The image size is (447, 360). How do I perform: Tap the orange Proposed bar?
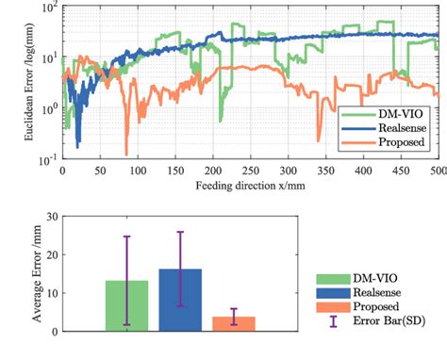[234, 323]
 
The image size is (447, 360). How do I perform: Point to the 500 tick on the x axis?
[438, 171]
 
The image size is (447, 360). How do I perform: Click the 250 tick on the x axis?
[250, 171]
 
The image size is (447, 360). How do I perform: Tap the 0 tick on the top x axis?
[62, 171]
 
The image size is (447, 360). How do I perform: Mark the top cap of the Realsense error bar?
[180, 232]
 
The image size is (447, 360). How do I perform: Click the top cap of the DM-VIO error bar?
[125, 237]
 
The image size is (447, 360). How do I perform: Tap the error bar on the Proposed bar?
[234, 317]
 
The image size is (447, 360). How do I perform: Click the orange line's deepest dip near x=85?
[125, 154]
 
